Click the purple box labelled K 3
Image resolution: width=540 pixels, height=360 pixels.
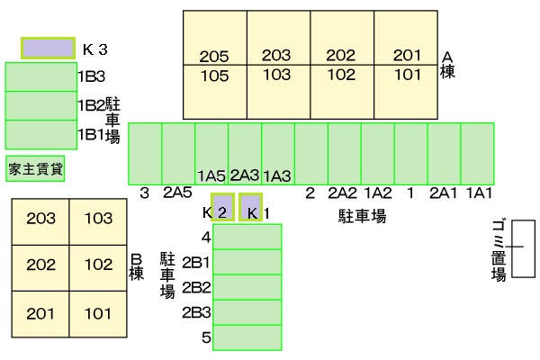(x=49, y=48)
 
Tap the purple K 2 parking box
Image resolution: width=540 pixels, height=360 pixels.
(x=223, y=207)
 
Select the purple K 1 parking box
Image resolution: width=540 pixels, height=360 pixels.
(x=251, y=207)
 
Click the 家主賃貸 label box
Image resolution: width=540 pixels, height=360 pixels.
(x=35, y=169)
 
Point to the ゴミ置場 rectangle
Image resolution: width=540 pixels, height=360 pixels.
(x=523, y=248)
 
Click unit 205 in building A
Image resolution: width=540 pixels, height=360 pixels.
(x=214, y=57)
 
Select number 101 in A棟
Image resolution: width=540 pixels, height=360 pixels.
(x=407, y=75)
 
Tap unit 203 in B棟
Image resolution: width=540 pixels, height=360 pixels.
(x=40, y=219)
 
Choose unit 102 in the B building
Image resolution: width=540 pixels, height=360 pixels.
(x=98, y=265)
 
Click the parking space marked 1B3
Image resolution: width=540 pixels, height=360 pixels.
(x=41, y=76)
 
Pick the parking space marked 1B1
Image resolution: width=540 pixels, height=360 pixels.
(x=41, y=135)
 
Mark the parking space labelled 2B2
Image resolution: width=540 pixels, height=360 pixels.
(x=247, y=287)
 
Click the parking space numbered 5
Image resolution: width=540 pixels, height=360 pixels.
(x=247, y=337)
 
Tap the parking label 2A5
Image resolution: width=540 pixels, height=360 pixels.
(x=177, y=193)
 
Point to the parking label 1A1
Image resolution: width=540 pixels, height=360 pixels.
(x=479, y=193)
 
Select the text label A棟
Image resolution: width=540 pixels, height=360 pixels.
(x=447, y=65)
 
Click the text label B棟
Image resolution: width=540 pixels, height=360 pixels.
(x=137, y=267)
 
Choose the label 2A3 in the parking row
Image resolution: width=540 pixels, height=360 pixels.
(x=245, y=175)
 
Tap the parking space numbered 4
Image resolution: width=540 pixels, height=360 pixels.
(x=247, y=237)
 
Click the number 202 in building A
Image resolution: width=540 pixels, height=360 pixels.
(x=340, y=56)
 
